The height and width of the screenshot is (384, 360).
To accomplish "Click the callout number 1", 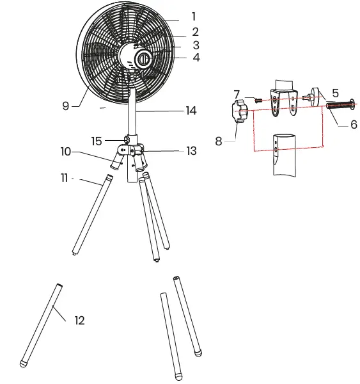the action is (x=194, y=17).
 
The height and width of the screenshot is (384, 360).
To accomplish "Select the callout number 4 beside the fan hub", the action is (x=196, y=58).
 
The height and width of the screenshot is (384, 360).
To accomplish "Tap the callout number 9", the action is (x=66, y=106).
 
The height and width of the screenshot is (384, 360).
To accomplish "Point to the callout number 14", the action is (x=191, y=111).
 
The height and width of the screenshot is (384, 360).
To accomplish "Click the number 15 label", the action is (x=97, y=141).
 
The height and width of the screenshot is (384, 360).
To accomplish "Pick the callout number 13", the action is (x=191, y=151).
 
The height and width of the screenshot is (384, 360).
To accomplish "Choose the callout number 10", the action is (x=66, y=152).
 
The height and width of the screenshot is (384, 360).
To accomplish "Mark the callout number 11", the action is (x=65, y=178).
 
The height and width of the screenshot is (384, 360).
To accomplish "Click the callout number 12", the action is (x=80, y=321).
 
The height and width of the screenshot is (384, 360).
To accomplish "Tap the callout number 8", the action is (x=219, y=141).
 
